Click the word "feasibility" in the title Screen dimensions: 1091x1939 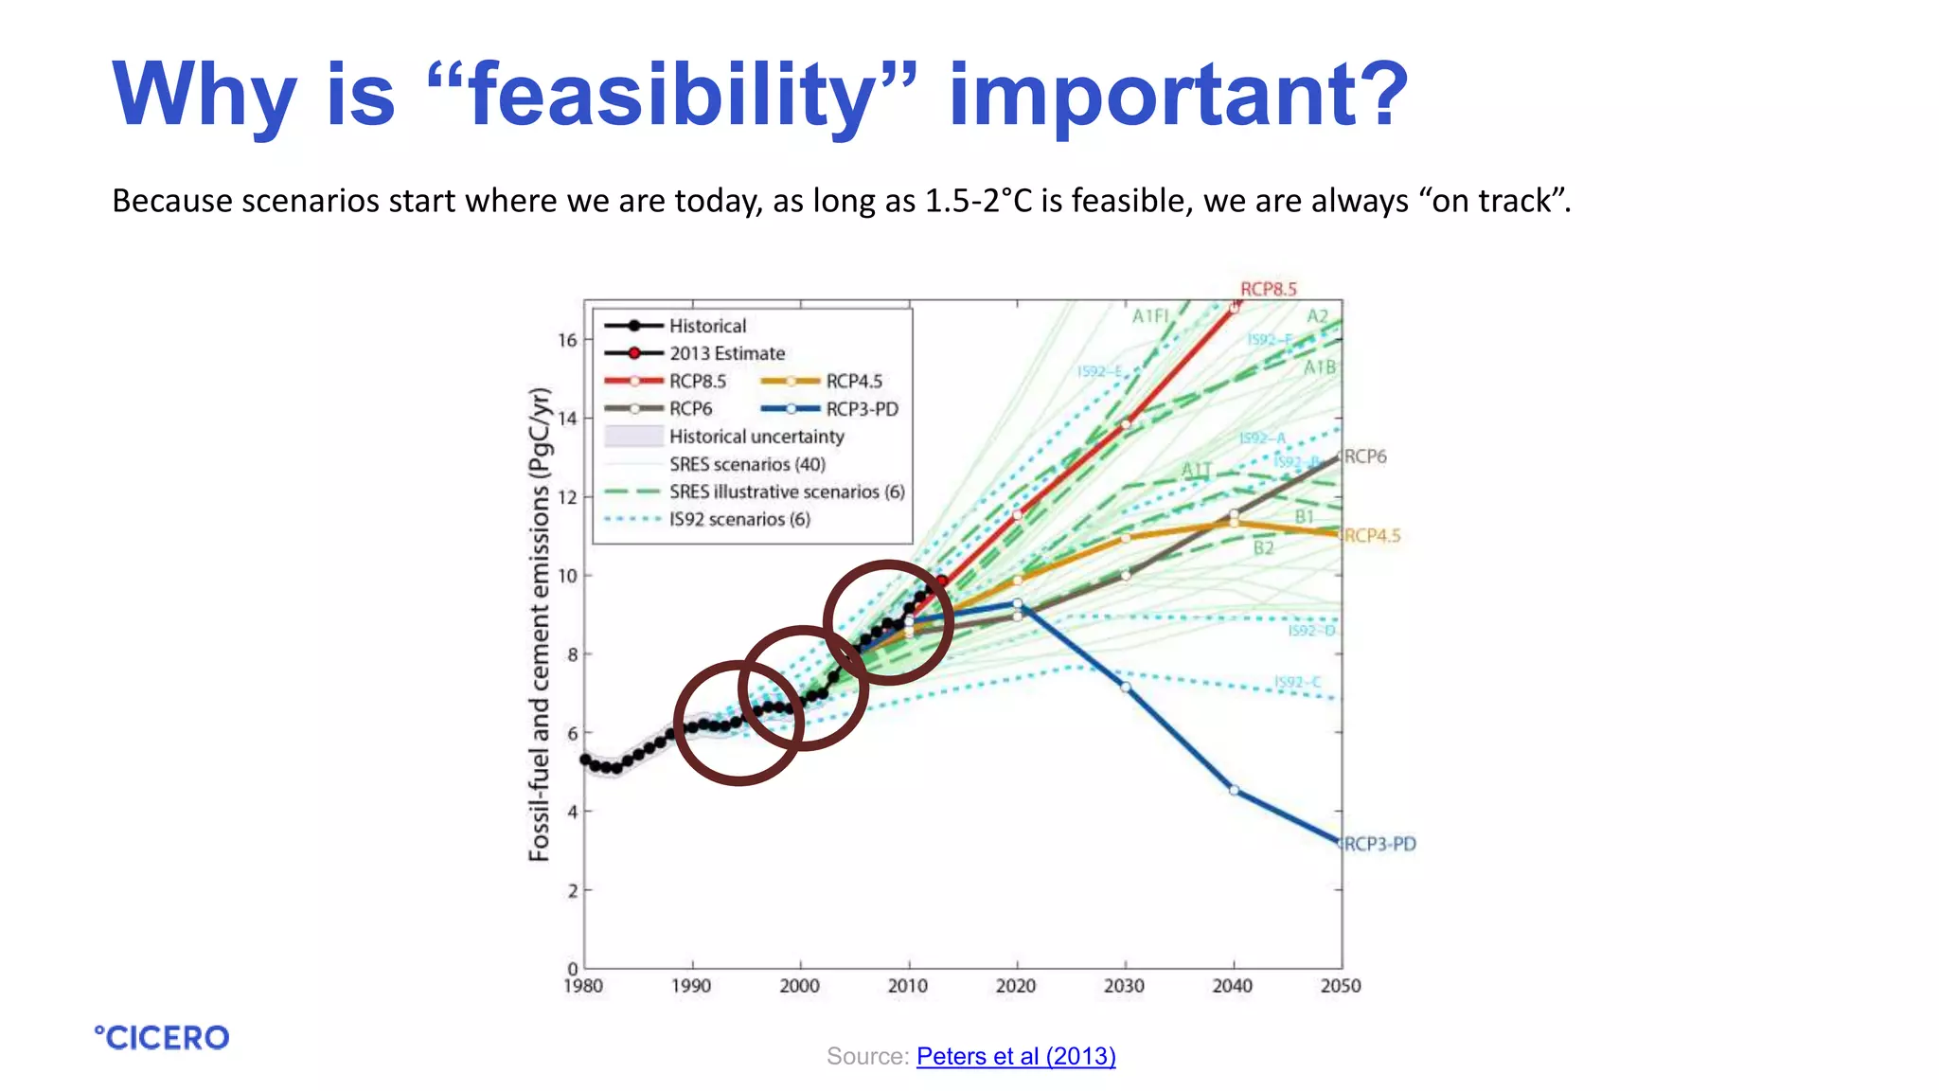pos(673,95)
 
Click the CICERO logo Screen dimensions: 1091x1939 pos(162,1038)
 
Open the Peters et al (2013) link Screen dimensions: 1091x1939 pos(1016,1056)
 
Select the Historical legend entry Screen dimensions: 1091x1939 pos(707,326)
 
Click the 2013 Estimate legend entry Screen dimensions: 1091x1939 pos(726,353)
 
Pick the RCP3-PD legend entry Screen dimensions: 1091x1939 pos(861,409)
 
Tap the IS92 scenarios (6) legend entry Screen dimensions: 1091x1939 pos(738,519)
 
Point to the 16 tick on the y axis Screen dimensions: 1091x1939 pos(567,340)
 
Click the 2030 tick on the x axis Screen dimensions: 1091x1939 pos(1124,986)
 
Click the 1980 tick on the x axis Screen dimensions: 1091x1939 pos(583,986)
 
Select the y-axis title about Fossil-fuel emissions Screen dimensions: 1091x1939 pos(539,625)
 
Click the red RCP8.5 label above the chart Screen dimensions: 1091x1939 pos(1268,289)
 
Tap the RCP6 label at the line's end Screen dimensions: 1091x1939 pos(1365,456)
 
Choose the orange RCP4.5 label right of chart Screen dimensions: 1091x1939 pos(1372,536)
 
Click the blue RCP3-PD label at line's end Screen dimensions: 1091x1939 pos(1379,844)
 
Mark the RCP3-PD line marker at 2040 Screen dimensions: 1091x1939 pos(1234,790)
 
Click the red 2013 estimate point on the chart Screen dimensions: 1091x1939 pos(942,581)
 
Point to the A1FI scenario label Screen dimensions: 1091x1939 pos(1150,315)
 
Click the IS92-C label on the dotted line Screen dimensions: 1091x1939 pos(1296,682)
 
